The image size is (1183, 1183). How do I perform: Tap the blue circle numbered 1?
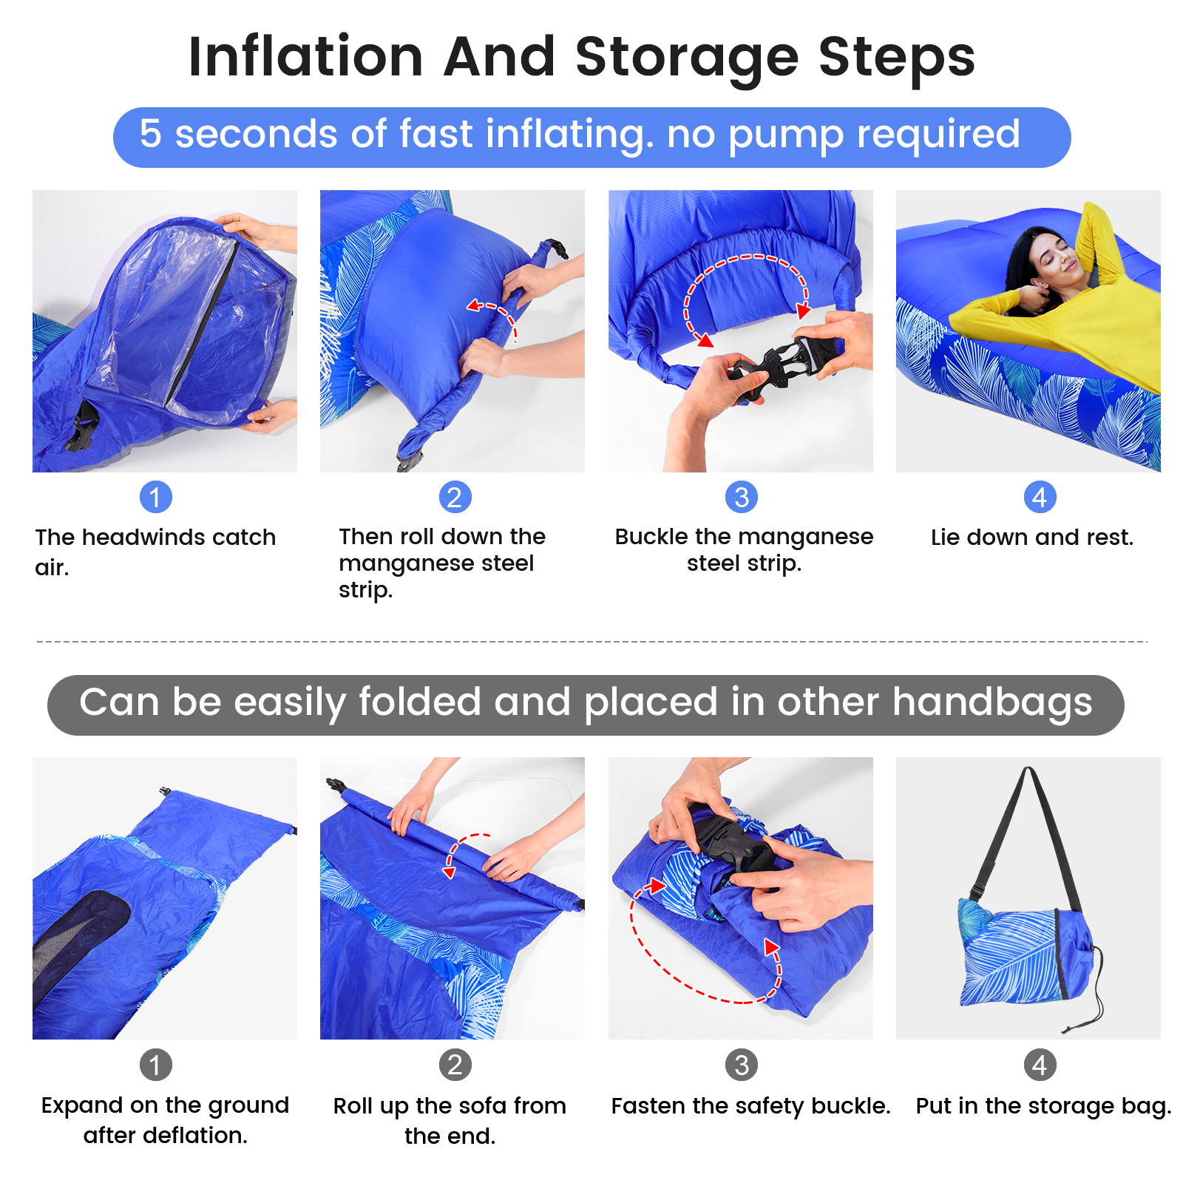pyautogui.click(x=155, y=497)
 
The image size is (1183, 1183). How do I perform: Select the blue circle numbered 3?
pyautogui.click(x=742, y=497)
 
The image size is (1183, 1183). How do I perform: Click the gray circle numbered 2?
pyautogui.click(x=455, y=1065)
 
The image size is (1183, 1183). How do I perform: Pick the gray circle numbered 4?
pyautogui.click(x=1040, y=1065)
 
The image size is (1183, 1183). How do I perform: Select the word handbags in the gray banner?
pyautogui.click(x=992, y=702)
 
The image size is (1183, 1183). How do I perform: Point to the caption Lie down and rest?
pyautogui.click(x=1032, y=538)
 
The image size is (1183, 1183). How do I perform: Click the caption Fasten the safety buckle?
pyautogui.click(x=750, y=1105)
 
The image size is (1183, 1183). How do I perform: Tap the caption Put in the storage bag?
pyautogui.click(x=1043, y=1105)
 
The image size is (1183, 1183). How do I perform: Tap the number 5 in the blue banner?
pyautogui.click(x=150, y=134)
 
